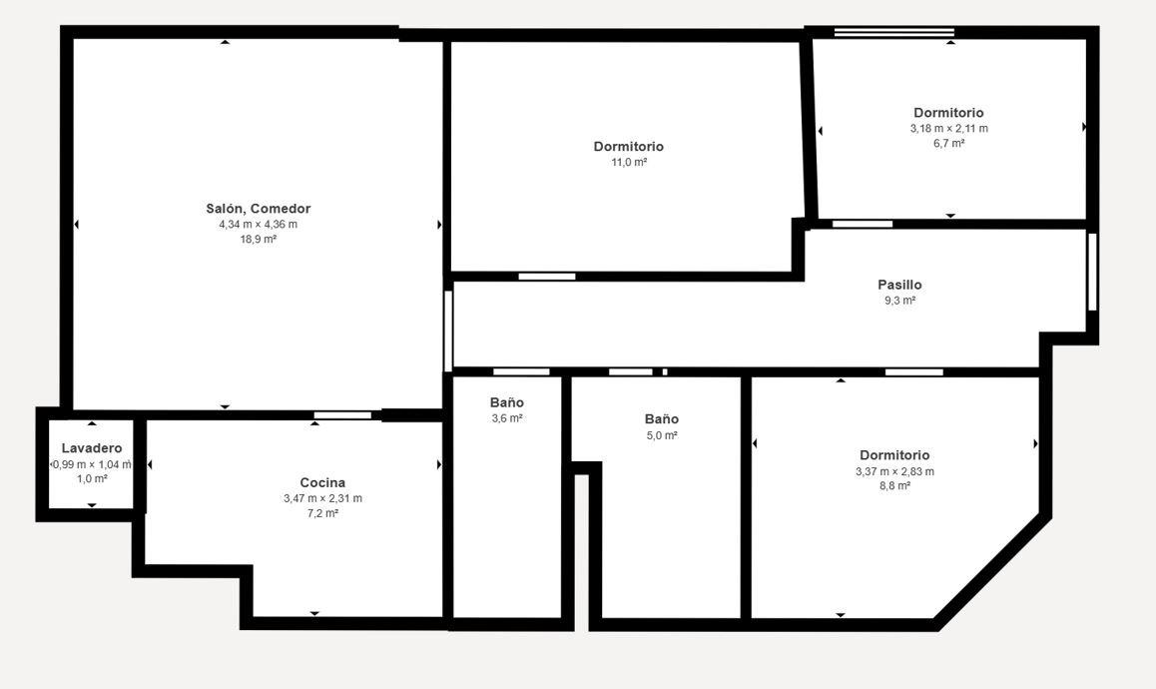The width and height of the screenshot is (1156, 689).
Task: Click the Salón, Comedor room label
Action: click(x=258, y=209)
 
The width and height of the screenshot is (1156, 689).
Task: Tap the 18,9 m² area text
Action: click(x=258, y=239)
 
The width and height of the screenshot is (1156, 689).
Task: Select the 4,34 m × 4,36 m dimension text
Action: click(x=258, y=225)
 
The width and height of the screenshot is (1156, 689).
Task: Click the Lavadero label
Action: click(x=92, y=448)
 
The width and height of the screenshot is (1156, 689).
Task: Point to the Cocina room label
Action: click(x=322, y=483)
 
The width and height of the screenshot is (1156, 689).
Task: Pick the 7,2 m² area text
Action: click(x=322, y=513)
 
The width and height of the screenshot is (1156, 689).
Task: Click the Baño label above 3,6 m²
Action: click(x=507, y=402)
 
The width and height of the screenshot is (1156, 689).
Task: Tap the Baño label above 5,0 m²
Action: click(x=662, y=419)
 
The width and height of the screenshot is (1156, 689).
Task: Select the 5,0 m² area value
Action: click(x=662, y=435)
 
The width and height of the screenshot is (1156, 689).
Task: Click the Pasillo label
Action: click(x=899, y=285)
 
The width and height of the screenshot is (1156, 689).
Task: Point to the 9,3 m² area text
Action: click(x=899, y=301)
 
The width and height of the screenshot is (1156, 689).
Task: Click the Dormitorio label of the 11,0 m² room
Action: click(x=629, y=147)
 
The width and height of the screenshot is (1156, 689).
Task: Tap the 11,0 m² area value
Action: click(x=629, y=163)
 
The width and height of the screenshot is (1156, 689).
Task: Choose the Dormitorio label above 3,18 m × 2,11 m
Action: click(x=948, y=113)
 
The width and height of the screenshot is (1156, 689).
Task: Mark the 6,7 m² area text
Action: click(x=948, y=143)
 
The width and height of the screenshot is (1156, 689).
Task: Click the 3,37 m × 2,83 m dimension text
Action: click(x=895, y=471)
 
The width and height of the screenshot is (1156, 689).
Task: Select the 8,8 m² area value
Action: click(x=895, y=486)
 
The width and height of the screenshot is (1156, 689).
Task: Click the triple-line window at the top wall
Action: click(x=894, y=33)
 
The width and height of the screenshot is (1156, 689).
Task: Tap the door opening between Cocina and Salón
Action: click(x=342, y=415)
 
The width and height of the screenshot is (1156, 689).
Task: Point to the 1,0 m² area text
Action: click(x=92, y=478)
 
